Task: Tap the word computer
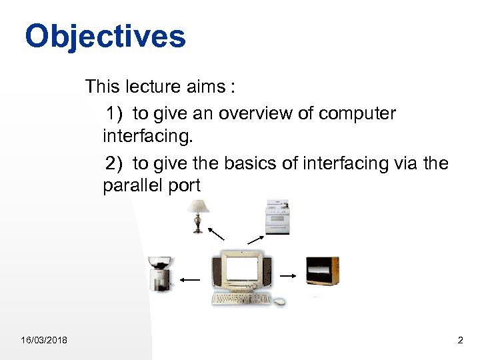(357, 114)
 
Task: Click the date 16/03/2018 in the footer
(43, 341)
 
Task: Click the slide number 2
(460, 341)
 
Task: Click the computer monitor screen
(241, 269)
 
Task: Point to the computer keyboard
(241, 299)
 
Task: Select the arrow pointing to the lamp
(216, 233)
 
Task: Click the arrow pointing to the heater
(289, 275)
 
